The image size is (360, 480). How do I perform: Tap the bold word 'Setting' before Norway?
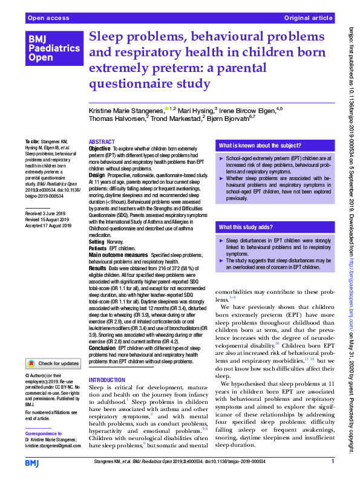click(97, 241)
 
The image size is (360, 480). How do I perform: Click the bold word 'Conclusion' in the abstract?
click(102, 348)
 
